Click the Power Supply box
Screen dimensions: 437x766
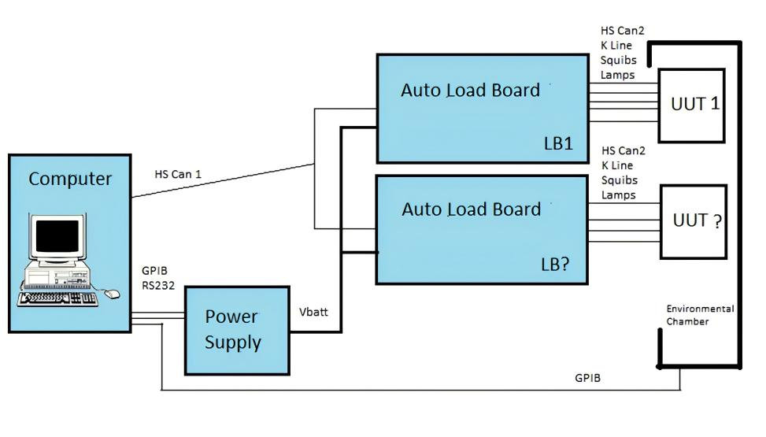pyautogui.click(x=237, y=330)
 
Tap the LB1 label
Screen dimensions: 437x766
pyautogui.click(x=558, y=143)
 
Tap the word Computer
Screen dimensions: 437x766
pyautogui.click(x=70, y=179)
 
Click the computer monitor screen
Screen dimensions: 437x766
pyautogui.click(x=57, y=235)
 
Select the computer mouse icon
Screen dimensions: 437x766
pyautogui.click(x=112, y=294)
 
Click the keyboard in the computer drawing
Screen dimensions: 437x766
pyautogui.click(x=58, y=298)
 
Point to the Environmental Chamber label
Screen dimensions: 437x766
pyautogui.click(x=699, y=315)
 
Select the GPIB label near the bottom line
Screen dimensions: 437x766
pyautogui.click(x=587, y=378)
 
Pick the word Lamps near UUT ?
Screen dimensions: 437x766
pyautogui.click(x=618, y=194)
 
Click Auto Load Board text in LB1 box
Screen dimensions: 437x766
pyautogui.click(x=471, y=90)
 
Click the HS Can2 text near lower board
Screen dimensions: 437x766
pyautogui.click(x=623, y=150)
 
